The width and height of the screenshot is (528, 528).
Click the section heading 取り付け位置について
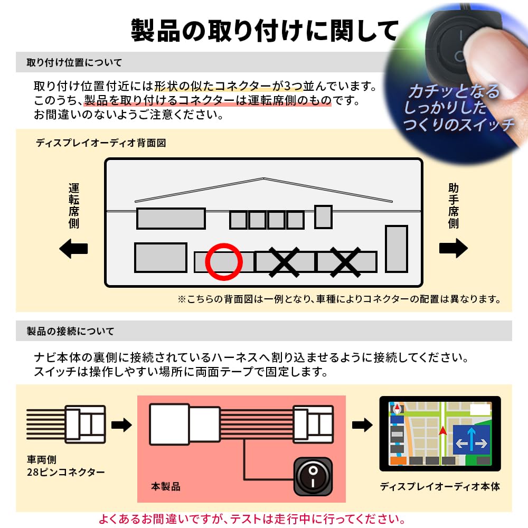(x=74, y=63)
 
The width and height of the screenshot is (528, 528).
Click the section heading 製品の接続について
(x=70, y=332)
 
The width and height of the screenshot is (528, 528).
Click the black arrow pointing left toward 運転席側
(x=73, y=248)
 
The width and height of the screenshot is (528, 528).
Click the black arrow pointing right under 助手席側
(x=453, y=248)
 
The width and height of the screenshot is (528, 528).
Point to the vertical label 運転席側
(x=74, y=206)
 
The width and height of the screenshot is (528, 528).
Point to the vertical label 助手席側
(x=453, y=206)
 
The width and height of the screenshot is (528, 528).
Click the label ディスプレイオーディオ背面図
(x=101, y=143)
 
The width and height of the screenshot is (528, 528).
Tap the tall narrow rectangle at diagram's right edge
(x=396, y=249)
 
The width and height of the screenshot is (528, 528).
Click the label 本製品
(x=166, y=486)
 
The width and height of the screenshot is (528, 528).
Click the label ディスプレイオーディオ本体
(x=440, y=486)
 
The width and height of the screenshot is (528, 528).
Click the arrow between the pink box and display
(x=362, y=425)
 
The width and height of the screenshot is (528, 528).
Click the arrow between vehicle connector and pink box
(x=121, y=425)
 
